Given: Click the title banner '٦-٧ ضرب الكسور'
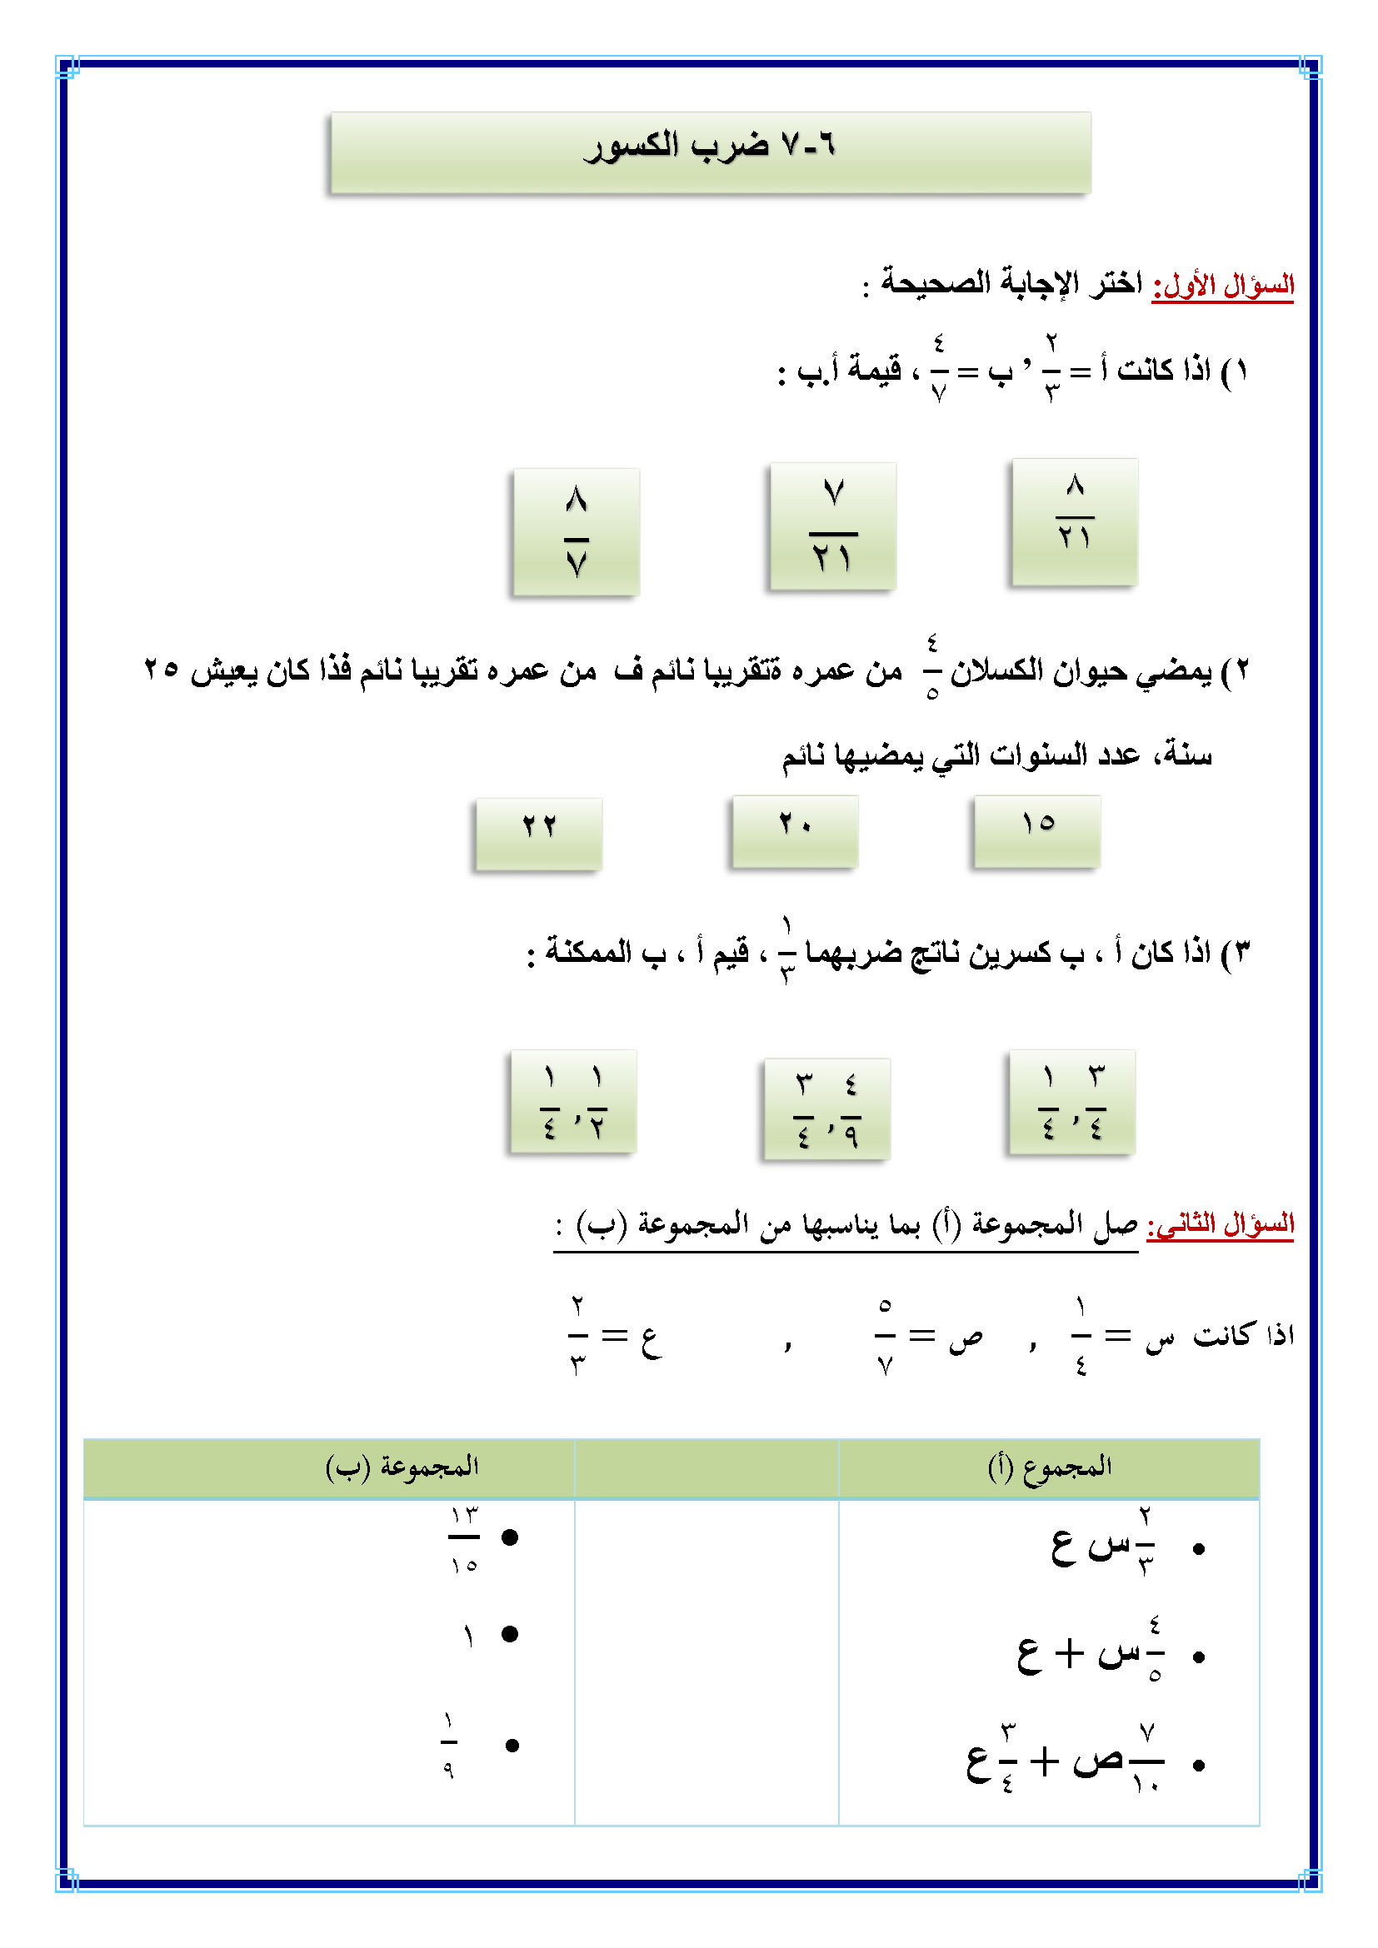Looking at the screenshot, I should pyautogui.click(x=710, y=152).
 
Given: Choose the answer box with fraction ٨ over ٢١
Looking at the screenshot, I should pyautogui.click(x=1074, y=522).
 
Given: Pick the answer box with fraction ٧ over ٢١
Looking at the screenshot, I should pyautogui.click(x=832, y=526).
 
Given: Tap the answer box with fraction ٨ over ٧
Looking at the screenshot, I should pyautogui.click(x=577, y=532).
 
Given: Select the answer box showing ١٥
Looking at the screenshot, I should pyautogui.click(x=1037, y=831).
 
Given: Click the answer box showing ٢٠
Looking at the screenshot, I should pyautogui.click(x=795, y=831).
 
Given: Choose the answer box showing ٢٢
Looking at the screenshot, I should pyautogui.click(x=539, y=834).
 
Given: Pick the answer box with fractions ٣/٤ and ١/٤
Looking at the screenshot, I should pyautogui.click(x=1071, y=1102).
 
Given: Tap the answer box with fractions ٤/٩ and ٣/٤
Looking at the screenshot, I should pyautogui.click(x=826, y=1108).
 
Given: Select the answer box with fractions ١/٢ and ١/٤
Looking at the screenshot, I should pyautogui.click(x=573, y=1101).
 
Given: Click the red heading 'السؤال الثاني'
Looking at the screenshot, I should pyautogui.click(x=1221, y=1224).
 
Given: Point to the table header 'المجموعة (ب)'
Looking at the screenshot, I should pyautogui.click(x=402, y=1467).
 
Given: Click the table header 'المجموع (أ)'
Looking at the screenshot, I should pyautogui.click(x=1050, y=1467).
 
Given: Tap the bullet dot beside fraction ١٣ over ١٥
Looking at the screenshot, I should pyautogui.click(x=510, y=1537).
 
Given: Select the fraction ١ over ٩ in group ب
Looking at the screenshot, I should pyautogui.click(x=449, y=1746).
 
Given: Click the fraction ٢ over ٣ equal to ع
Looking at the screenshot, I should pyautogui.click(x=578, y=1335).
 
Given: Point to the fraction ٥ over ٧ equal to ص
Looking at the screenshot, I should pyautogui.click(x=885, y=1335).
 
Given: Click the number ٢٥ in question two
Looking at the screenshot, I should pyautogui.click(x=162, y=670).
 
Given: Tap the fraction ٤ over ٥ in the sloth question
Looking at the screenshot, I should pyautogui.click(x=932, y=668).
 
